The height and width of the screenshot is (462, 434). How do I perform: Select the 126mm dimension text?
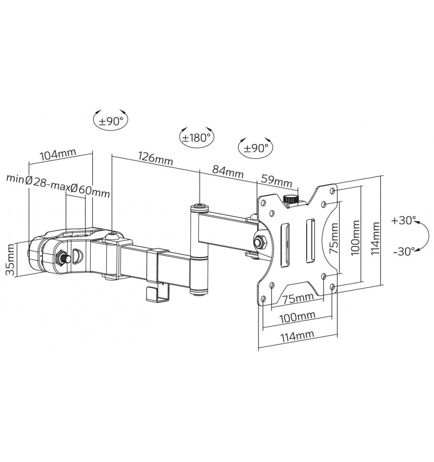pos(155,158)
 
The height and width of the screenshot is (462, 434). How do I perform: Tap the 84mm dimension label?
pos(228,172)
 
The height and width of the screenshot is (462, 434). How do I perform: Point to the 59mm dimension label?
pos(276,180)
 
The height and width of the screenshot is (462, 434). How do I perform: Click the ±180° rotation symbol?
pos(197,138)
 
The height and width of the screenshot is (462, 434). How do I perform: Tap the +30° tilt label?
pos(404,220)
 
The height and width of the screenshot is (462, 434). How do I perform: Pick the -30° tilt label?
pos(404,251)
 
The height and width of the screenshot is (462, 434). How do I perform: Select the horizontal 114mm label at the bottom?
pos(297,336)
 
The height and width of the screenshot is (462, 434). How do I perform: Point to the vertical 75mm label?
pos(334,238)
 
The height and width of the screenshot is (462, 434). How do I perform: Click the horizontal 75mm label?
pos(298,299)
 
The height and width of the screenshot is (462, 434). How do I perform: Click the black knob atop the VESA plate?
pos(290,199)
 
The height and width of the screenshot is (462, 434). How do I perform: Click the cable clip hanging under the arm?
pos(158,294)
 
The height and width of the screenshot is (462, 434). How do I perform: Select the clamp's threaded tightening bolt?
pos(63,257)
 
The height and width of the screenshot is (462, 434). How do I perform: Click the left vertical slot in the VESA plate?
pos(285,245)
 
